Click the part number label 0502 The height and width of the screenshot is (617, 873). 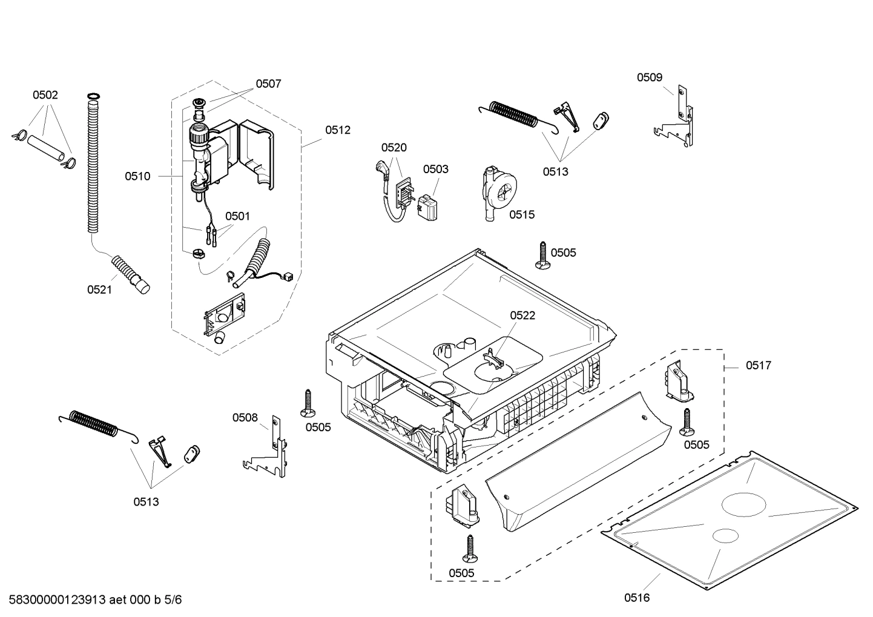(x=45, y=95)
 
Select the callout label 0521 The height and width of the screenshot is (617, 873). (x=99, y=290)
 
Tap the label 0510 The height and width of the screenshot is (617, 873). (x=137, y=176)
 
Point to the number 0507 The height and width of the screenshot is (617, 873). (x=268, y=84)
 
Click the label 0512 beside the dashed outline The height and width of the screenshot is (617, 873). (x=338, y=130)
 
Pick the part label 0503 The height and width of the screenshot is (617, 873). (x=435, y=169)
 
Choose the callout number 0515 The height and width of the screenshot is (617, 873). (x=522, y=214)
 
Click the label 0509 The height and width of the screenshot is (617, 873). (x=649, y=77)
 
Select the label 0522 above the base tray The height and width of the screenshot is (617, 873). (x=522, y=315)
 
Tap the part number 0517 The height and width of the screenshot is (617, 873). (x=759, y=365)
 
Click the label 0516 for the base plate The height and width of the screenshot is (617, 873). (x=637, y=598)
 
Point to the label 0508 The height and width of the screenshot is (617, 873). (x=245, y=417)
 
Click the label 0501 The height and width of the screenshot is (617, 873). (x=237, y=216)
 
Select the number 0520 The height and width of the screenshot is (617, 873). (x=394, y=147)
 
